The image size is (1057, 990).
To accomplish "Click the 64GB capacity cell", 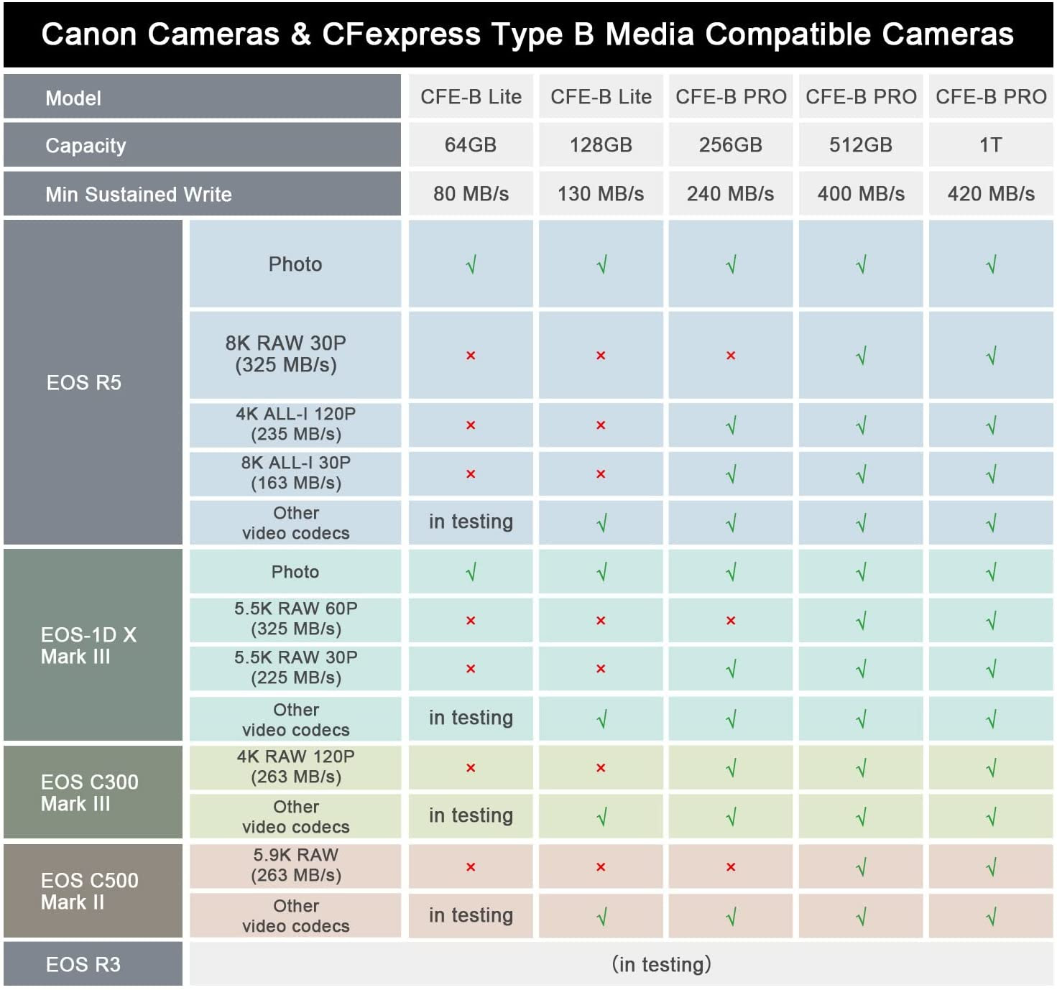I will pyautogui.click(x=471, y=145).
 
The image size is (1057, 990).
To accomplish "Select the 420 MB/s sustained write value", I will pyautogui.click(x=991, y=194).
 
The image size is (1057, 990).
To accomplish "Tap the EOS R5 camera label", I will pyautogui.click(x=84, y=383).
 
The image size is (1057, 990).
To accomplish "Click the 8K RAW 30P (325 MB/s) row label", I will pyautogui.click(x=286, y=354).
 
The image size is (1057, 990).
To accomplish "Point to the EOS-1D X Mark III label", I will pyautogui.click(x=88, y=646).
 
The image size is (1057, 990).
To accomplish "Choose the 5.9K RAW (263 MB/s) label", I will pyautogui.click(x=295, y=865).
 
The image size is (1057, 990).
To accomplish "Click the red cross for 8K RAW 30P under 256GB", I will pyautogui.click(x=731, y=356).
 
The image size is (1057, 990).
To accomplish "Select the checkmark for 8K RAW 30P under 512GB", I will pyautogui.click(x=861, y=356).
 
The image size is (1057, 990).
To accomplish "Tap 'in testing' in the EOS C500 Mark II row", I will pyautogui.click(x=471, y=915).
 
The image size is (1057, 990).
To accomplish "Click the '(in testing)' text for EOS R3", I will pyautogui.click(x=661, y=964).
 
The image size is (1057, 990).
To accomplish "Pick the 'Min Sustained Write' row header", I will pyautogui.click(x=139, y=195).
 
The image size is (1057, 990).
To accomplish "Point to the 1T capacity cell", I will pyautogui.click(x=991, y=145).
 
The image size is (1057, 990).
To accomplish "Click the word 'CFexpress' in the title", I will pyautogui.click(x=401, y=34).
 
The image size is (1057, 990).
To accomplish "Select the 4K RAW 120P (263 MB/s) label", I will pyautogui.click(x=295, y=767).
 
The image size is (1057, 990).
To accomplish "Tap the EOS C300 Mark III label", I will pyautogui.click(x=90, y=793).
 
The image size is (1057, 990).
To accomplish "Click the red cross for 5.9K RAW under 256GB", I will pyautogui.click(x=731, y=867).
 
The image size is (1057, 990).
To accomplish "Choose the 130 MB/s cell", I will pyautogui.click(x=601, y=194).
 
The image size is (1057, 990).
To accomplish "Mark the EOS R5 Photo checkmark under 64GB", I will pyautogui.click(x=471, y=266).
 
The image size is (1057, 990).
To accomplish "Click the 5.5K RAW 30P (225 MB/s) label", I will pyautogui.click(x=295, y=667).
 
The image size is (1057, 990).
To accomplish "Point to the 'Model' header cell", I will pyautogui.click(x=73, y=98).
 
